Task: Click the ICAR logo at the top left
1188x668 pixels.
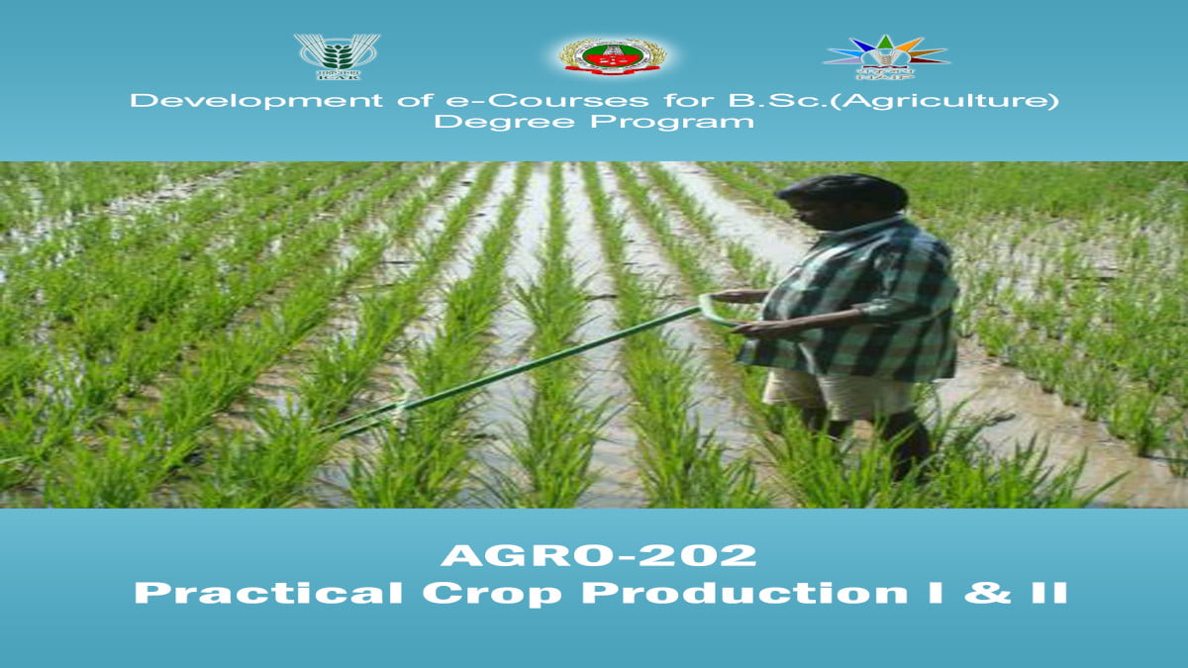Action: pos(336,56)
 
